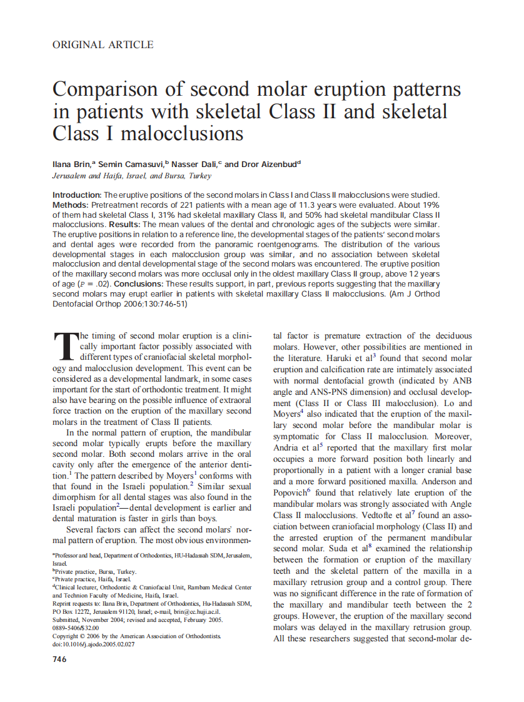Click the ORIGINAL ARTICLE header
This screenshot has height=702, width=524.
(x=103, y=44)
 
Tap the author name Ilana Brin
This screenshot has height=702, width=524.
(x=71, y=164)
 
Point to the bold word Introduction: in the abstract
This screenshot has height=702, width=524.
(x=77, y=195)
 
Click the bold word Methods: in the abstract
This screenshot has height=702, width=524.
(x=71, y=205)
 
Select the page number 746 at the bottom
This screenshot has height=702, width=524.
(x=59, y=659)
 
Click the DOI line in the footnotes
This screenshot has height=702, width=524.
(x=93, y=644)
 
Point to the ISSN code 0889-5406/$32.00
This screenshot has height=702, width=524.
(x=76, y=628)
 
